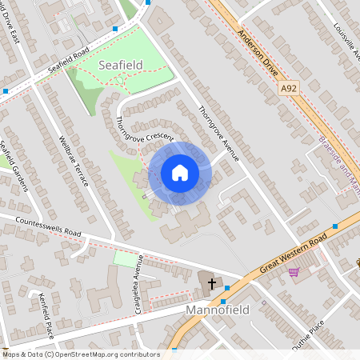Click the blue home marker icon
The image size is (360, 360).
pos(179,173)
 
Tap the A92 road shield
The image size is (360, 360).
pos(289,88)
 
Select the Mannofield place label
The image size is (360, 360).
pos(218,309)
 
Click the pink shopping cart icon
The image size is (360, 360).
pos(294,272)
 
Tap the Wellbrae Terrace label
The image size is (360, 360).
pos(73,161)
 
